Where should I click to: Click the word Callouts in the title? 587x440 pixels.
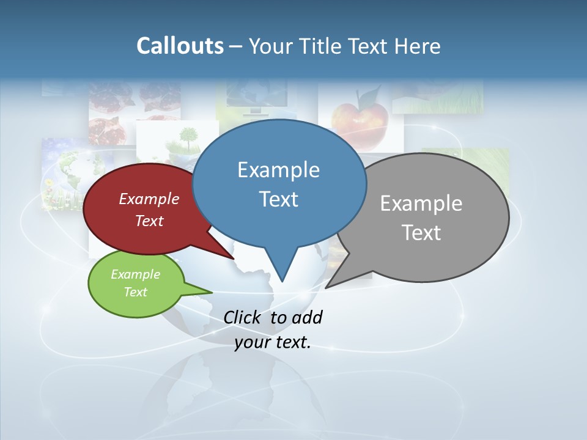[x=180, y=46]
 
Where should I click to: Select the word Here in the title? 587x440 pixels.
[x=418, y=46]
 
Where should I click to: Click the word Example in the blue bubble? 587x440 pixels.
[x=278, y=169]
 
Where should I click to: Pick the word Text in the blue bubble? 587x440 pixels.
[x=278, y=199]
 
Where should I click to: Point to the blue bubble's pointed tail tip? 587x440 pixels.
[x=282, y=280]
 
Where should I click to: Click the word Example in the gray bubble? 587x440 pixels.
[x=421, y=203]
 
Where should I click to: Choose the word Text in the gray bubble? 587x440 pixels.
[x=421, y=232]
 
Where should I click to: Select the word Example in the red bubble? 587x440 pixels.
[x=149, y=199]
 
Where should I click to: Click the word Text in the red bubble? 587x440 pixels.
[x=149, y=221]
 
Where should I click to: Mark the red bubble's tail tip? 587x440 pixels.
[x=234, y=258]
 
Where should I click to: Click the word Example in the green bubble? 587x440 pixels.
[x=135, y=274]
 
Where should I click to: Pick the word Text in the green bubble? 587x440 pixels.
[x=135, y=292]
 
